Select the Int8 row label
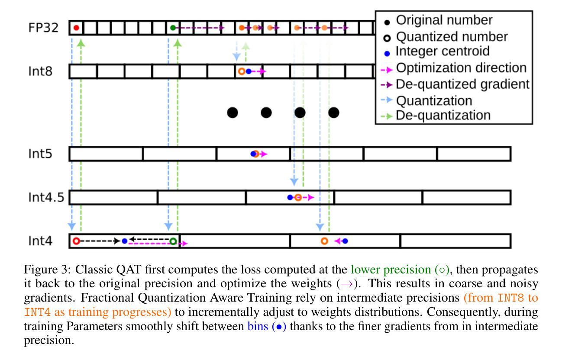(x=40, y=71)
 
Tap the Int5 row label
(x=40, y=154)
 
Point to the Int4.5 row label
(x=46, y=197)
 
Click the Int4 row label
(x=40, y=241)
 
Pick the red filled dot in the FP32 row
(x=76, y=28)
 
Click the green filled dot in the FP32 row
(x=173, y=28)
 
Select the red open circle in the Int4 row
(x=76, y=241)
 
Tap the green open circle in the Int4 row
(x=173, y=241)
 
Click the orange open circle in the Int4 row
(x=324, y=241)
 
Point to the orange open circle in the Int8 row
(x=241, y=71)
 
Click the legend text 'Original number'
(x=444, y=20)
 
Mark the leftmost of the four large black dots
(x=233, y=113)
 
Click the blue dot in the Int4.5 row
(x=290, y=197)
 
